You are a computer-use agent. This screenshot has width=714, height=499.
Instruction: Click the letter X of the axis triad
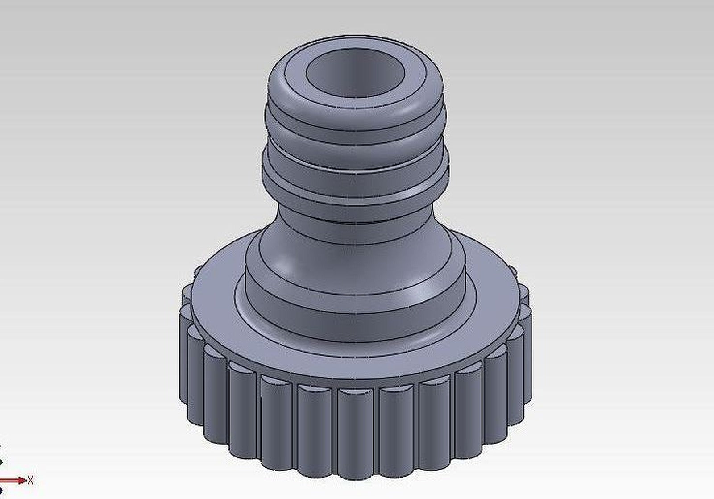click(x=30, y=481)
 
